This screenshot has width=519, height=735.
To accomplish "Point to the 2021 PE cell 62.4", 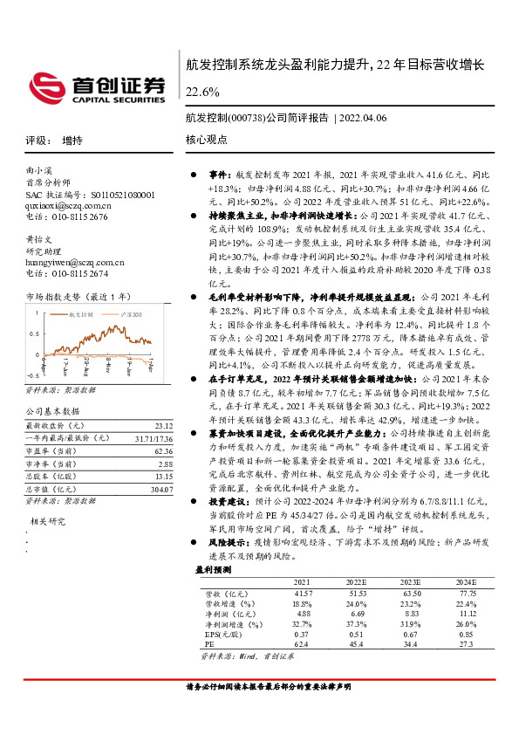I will click(x=303, y=644).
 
